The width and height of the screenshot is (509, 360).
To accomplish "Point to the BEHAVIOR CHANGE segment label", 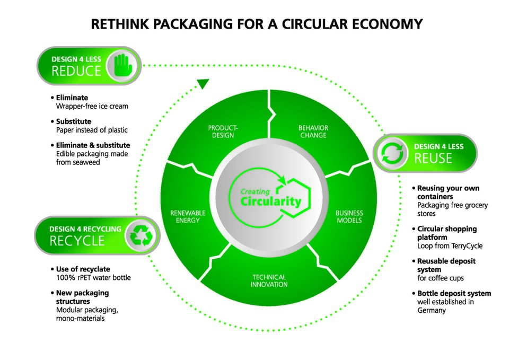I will (x=313, y=131).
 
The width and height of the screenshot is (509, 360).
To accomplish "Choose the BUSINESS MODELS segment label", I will (x=349, y=216).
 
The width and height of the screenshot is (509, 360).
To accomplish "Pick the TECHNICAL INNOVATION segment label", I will (x=269, y=280).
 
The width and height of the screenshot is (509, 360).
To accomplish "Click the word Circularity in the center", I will (x=270, y=201).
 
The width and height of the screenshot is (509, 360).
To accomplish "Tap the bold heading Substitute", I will (x=74, y=121).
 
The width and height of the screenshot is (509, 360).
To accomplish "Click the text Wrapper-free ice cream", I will (x=92, y=106).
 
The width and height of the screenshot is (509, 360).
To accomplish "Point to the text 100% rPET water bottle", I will (x=93, y=277).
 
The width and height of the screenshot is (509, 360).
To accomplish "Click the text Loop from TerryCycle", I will (x=450, y=245).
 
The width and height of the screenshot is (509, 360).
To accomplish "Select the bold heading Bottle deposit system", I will (x=454, y=293).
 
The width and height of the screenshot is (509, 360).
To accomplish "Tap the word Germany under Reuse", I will (x=432, y=310).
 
